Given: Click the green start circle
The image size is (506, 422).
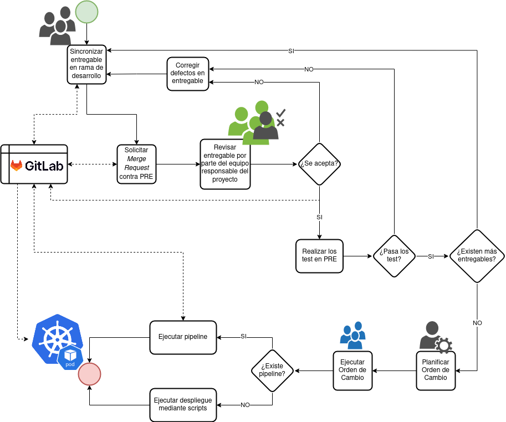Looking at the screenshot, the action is (86, 12).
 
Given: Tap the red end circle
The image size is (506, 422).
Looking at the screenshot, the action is (89, 374).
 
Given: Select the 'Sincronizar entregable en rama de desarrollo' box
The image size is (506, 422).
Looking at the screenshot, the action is (86, 64).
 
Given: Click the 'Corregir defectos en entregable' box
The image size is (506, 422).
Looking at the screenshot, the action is (188, 74).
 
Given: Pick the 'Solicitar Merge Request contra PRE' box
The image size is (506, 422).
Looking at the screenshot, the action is (136, 164).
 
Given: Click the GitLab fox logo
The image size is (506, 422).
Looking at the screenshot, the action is (17, 165).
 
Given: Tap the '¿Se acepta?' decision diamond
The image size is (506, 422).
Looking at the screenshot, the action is (319, 164).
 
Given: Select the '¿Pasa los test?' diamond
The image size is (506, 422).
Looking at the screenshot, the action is (394, 256).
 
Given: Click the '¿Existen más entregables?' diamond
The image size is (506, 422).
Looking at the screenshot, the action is (477, 256).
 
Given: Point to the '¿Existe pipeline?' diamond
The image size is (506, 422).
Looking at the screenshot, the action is (272, 370).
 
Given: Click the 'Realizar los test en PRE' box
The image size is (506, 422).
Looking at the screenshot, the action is (319, 256).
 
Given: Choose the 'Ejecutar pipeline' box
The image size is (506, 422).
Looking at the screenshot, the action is (183, 337).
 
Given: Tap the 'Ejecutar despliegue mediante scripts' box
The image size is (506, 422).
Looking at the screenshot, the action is (183, 405).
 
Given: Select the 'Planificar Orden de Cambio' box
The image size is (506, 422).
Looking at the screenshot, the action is (436, 370).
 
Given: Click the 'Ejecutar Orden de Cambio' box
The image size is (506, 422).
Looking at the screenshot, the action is (352, 370).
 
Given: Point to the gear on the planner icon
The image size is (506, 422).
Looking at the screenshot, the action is (443, 346).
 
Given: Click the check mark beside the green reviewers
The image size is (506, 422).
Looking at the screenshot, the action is (281, 112).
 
